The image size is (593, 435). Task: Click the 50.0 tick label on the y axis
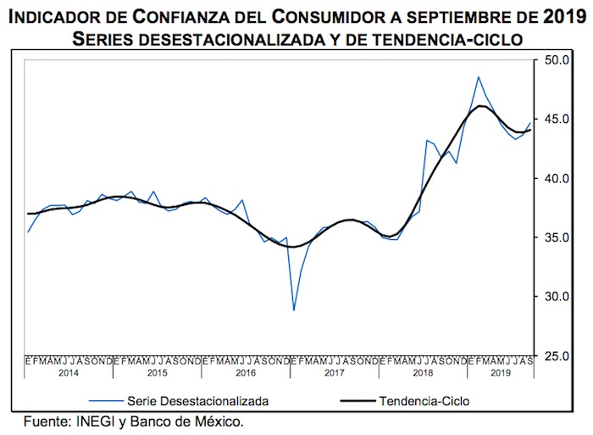[x=557, y=60]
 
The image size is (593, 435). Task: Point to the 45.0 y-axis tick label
[x=557, y=120]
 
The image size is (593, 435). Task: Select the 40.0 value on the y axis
[x=557, y=179]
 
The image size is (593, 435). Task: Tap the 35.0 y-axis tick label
[x=557, y=238]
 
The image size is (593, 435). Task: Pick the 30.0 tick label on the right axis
[x=557, y=297]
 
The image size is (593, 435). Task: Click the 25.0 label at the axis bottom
[x=557, y=356]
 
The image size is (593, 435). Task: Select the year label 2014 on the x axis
[x=69, y=372]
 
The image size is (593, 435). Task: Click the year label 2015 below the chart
[x=158, y=372]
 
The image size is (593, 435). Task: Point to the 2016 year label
[x=246, y=372]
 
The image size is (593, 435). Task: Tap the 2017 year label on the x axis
[x=334, y=372]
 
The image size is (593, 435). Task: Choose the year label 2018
[x=422, y=372]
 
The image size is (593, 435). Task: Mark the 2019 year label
[x=500, y=372]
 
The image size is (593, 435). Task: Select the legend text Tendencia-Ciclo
[x=424, y=399]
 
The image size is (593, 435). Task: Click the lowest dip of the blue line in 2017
[x=294, y=310]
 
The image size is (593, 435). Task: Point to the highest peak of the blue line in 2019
[x=479, y=77]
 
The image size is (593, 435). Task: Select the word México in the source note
[x=222, y=420]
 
